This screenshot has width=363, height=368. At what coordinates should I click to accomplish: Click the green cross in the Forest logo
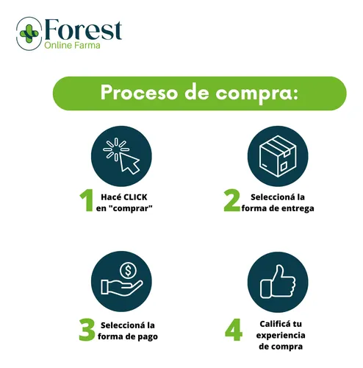click(29, 34)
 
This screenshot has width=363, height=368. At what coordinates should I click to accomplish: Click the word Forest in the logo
click(83, 30)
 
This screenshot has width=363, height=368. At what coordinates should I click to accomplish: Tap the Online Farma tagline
click(72, 46)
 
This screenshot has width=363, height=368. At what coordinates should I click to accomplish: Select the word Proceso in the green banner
click(139, 93)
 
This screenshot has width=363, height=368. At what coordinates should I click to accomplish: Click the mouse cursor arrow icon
click(129, 163)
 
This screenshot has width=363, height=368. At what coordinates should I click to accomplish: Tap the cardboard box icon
click(278, 156)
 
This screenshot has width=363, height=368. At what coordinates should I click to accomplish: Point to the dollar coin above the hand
click(128, 271)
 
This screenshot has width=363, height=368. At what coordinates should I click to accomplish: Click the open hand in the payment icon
click(122, 288)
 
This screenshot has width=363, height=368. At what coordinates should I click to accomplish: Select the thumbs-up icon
click(278, 282)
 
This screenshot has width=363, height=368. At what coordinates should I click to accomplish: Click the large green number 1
click(87, 200)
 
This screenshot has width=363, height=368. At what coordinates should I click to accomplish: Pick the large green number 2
click(231, 200)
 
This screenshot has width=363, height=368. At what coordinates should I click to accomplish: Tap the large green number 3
click(87, 330)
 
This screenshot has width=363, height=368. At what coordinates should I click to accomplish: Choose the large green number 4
click(234, 330)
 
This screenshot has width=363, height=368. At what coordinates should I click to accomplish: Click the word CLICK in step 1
click(136, 197)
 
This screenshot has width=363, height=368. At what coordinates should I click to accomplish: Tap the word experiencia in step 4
click(281, 336)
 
